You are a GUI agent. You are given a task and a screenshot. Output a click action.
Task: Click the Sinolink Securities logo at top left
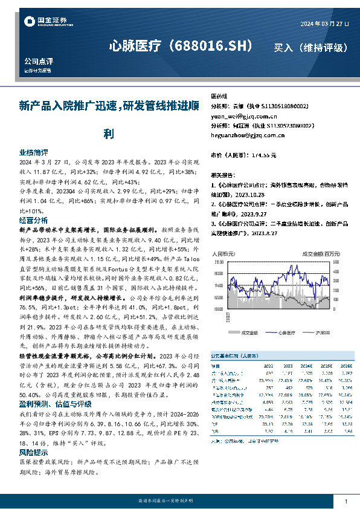44,22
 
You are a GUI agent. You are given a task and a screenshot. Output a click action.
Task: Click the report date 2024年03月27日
323,24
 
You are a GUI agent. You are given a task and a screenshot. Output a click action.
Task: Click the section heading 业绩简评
34,153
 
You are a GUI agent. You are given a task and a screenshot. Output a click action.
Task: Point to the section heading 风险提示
34,451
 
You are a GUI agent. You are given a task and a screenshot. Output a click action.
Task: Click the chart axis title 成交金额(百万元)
321,254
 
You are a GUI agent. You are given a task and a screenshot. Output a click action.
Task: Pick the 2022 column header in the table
268,366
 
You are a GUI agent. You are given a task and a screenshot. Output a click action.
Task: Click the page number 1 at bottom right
346,502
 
